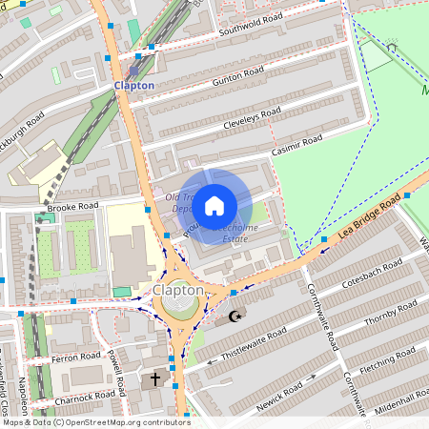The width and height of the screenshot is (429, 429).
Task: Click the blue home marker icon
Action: [x=214, y=205]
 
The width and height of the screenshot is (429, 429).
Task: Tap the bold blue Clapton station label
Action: [x=133, y=86]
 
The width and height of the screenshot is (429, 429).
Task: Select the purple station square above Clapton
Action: [x=133, y=70]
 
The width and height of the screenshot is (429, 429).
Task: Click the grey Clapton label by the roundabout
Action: [x=178, y=290]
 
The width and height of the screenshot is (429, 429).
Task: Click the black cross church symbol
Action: [x=155, y=378]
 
